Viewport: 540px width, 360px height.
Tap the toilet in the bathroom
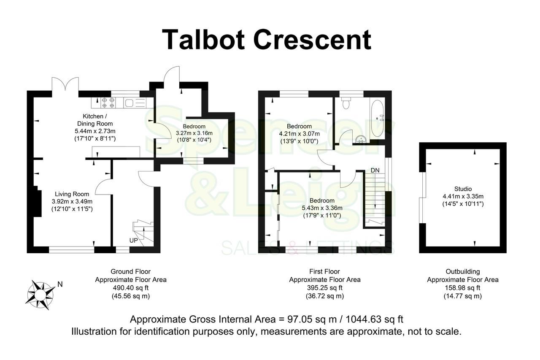tap(346, 103)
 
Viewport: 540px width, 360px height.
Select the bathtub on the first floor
tap(377, 118)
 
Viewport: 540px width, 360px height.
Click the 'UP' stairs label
tap(134, 240)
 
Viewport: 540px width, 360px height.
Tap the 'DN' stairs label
tap(375, 170)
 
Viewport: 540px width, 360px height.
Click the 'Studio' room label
tap(463, 189)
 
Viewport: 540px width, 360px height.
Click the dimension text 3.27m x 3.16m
tap(194, 133)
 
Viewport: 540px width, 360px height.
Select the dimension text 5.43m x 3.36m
tap(322, 208)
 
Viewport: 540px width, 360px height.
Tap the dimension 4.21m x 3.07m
tap(299, 134)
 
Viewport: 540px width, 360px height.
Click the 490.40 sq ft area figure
tap(130, 287)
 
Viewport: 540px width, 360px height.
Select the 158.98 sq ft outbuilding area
tap(462, 287)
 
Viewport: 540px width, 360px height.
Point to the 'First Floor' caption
tap(324, 271)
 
